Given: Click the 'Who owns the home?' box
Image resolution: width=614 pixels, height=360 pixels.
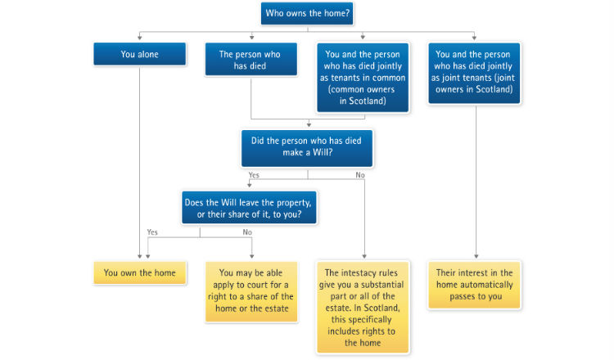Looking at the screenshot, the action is (307, 13).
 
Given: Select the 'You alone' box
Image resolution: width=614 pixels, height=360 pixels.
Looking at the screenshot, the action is (139, 54).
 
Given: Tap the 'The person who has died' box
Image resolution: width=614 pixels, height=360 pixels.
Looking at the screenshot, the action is (251, 60).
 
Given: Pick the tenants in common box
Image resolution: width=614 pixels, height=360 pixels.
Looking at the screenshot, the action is (363, 78).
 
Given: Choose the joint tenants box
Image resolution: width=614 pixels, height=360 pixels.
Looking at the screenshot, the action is (474, 73).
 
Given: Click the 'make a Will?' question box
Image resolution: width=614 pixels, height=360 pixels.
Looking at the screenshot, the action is (307, 148).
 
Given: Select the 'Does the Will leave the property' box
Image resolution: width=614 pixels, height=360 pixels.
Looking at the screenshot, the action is (249, 207).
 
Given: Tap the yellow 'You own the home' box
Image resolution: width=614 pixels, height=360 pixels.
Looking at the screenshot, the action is (139, 272).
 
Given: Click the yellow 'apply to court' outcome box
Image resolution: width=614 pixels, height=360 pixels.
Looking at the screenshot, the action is (251, 291).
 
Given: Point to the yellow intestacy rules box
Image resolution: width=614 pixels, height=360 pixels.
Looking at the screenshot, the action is (363, 307).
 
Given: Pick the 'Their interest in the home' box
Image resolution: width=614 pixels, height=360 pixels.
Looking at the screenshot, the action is (474, 285).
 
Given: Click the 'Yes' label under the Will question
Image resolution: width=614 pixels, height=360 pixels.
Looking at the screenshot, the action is (254, 175).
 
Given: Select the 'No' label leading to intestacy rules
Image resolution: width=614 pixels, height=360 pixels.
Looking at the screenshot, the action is (360, 175).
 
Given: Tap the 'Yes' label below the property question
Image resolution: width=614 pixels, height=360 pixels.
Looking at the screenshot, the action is (152, 232).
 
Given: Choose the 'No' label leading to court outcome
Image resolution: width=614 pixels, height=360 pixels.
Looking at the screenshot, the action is (247, 232).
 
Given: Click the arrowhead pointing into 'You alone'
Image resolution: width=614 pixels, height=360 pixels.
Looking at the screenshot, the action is (139, 38).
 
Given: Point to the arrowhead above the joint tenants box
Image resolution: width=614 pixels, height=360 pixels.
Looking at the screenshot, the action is (474, 38).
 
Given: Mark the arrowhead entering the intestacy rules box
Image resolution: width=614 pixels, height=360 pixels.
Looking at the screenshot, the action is (364, 256).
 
